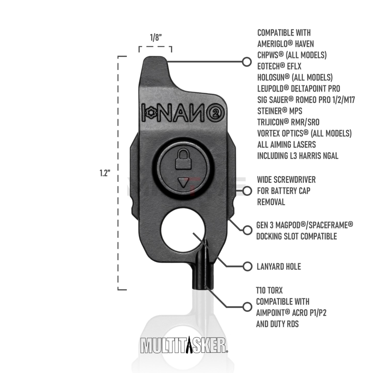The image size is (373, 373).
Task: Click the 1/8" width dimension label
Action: pos(156,38)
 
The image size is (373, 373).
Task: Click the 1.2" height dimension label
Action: pos(105,173)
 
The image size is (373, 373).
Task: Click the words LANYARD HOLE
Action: pos(279,267)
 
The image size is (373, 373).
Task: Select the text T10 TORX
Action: pos(269,291)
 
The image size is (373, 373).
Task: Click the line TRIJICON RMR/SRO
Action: pos(288,122)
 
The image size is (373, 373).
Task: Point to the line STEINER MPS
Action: pos(279,111)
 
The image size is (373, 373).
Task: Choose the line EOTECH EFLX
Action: pos(279,66)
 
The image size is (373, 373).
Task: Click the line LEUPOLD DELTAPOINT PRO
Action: pos(299,89)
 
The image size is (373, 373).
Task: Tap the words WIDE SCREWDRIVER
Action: pos(286,180)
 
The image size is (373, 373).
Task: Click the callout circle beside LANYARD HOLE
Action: pos(247,267)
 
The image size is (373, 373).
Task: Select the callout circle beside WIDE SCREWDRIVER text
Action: pos(247,191)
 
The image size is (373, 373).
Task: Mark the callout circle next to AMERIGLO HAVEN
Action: pos(247,62)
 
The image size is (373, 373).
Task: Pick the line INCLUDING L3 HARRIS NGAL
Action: pos(298,156)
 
